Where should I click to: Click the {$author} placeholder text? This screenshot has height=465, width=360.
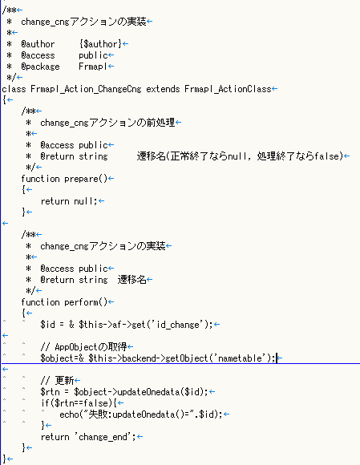click(x=100, y=44)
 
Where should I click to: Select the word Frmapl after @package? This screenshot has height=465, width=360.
click(x=92, y=67)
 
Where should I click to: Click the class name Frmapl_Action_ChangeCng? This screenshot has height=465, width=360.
click(x=86, y=89)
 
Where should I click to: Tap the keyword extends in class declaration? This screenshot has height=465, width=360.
click(x=163, y=89)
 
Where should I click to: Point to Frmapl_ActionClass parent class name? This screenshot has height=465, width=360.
click(x=228, y=89)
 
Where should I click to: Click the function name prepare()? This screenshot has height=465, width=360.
click(x=86, y=179)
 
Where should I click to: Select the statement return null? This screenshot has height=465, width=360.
click(x=69, y=201)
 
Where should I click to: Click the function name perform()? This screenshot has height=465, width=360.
click(x=86, y=302)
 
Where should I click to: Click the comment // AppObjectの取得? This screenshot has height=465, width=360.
click(x=83, y=347)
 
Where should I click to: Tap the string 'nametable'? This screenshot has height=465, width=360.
click(x=240, y=358)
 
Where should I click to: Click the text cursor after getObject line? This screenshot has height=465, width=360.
click(x=277, y=358)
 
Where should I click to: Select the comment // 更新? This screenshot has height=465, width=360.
click(x=57, y=381)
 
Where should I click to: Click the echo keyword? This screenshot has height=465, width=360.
click(x=69, y=414)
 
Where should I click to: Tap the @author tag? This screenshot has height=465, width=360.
click(x=38, y=44)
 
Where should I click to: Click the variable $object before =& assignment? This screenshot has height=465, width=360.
click(x=57, y=358)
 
